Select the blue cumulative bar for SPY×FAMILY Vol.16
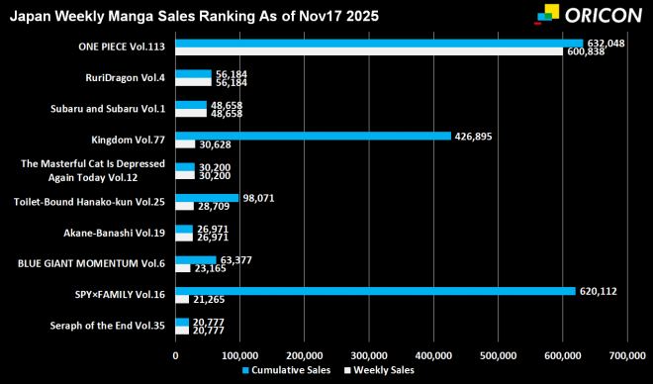coord(375,291)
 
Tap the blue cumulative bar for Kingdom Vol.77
coord(313,137)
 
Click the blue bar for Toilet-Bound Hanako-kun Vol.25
coord(207,198)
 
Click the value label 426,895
coord(474,137)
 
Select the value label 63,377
coord(235,260)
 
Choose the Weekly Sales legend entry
coord(378,369)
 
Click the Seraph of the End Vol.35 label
coord(108,325)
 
